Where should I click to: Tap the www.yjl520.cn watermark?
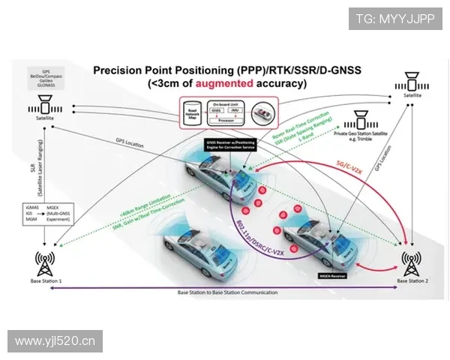tap(56, 341)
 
